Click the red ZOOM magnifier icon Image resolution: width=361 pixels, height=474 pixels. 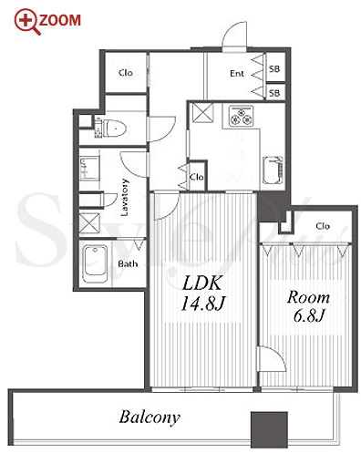27,22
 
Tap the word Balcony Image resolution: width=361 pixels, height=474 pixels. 150,417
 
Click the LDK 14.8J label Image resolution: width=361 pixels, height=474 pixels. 203,294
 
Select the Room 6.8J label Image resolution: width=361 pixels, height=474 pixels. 308,306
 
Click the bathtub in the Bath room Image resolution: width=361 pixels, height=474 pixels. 96,263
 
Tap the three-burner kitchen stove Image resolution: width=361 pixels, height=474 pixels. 242,116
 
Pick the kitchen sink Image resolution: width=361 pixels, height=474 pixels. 273,170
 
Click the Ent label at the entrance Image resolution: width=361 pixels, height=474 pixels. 237,74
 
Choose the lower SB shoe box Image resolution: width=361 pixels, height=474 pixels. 275,92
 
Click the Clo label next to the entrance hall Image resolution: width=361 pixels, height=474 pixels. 126,73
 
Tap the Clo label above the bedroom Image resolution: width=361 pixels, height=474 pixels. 323,226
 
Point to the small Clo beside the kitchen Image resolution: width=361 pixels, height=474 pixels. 197,177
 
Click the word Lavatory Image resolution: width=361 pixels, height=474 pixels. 125,197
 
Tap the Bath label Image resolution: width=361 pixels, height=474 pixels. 128,263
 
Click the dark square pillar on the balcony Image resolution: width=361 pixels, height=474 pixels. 269,429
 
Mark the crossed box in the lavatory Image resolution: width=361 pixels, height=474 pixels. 89,223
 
